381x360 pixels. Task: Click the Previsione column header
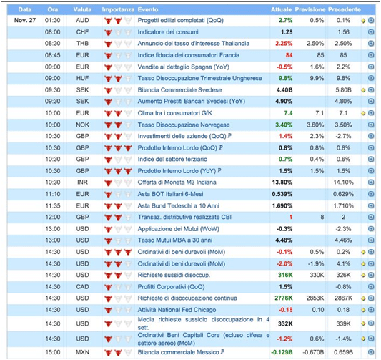coord(310,10)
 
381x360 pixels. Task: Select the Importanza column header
coord(118,10)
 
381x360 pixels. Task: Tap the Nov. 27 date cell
coord(25,20)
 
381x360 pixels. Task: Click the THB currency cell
coord(82,44)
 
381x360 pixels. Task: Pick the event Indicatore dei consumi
coord(168,32)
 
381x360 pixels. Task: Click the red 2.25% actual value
coord(284,44)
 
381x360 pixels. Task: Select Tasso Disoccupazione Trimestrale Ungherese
coord(199,78)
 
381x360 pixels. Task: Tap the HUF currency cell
coord(82,78)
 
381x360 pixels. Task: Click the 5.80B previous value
coord(343,90)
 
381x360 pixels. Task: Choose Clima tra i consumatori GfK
coord(174,113)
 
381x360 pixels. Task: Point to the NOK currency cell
coord(82,125)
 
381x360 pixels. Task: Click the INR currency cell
coord(82,183)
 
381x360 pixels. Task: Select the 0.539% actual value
coord(282,194)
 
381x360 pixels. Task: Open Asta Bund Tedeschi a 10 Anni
coord(179,206)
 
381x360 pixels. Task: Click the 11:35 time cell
coord(53,206)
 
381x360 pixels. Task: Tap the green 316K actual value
coord(285,275)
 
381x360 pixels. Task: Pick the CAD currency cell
coord(82,287)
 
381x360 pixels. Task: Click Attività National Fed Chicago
coord(177,310)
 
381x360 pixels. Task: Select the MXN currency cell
coord(82,352)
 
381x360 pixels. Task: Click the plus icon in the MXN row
coord(371,351)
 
